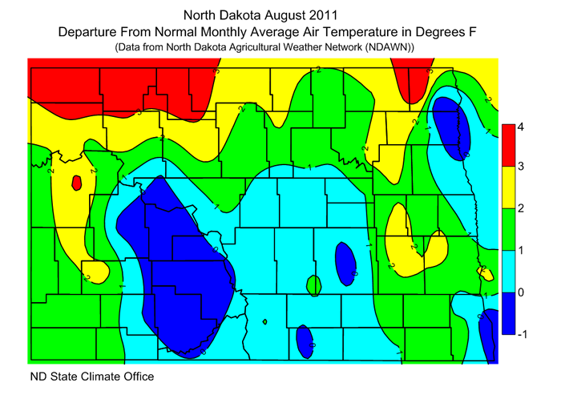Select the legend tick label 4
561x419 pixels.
[x=520, y=127]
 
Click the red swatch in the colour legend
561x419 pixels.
[x=507, y=145]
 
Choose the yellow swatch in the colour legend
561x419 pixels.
[x=507, y=187]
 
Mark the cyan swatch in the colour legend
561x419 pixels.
[x=507, y=271]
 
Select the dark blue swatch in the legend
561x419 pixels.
[x=507, y=313]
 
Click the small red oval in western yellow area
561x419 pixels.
[x=76, y=183]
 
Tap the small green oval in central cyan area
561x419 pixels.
[x=313, y=284]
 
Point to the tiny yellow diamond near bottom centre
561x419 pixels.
[x=264, y=322]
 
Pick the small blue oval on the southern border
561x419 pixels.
[x=304, y=340]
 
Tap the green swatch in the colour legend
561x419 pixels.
[x=507, y=229]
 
